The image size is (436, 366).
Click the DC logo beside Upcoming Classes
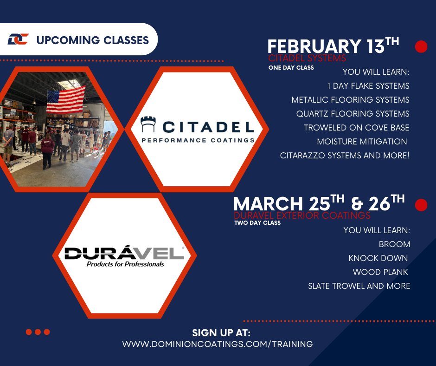18,39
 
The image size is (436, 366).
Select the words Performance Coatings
198,140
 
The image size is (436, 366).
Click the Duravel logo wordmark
124,253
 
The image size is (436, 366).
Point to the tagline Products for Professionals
125,264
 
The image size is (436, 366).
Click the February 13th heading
333,46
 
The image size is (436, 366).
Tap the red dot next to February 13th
421,47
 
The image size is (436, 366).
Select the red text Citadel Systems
307,59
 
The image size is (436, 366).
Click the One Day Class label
291,68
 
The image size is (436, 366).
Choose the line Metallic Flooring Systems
350,100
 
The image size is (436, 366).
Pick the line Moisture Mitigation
362,142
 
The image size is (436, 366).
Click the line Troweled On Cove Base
356,128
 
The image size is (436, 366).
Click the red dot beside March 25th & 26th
421,205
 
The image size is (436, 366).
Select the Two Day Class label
257,223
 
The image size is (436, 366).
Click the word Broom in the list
394,244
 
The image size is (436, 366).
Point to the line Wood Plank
381,272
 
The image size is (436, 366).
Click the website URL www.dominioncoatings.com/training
218,344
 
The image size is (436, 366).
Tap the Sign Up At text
221,333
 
